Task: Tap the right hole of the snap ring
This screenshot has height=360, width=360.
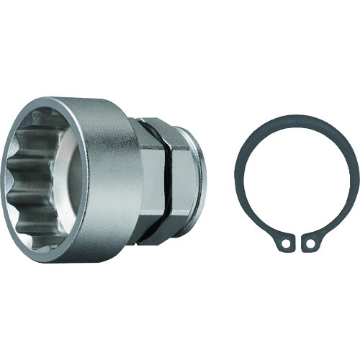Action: coord(310,244)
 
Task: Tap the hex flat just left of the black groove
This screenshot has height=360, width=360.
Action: coord(153,180)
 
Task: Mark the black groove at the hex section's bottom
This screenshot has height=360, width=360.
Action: coord(162,235)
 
